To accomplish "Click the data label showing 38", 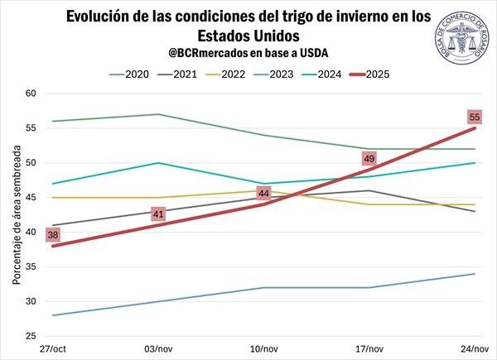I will coord(52,235).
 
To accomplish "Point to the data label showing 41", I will coord(158,214).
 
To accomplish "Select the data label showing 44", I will coord(264,194).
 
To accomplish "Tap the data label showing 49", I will coord(369,159).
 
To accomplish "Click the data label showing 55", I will coord(475,118).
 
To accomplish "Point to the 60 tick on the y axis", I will coord(31,94).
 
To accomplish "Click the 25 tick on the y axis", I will coord(31,336).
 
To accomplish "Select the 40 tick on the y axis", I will coord(31,233).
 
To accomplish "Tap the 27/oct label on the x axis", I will coord(52,348).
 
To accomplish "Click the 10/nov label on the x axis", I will coord(263,348).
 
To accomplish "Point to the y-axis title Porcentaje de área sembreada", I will coord(16,214).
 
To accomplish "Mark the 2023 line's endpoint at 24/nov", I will coord(474,274).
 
